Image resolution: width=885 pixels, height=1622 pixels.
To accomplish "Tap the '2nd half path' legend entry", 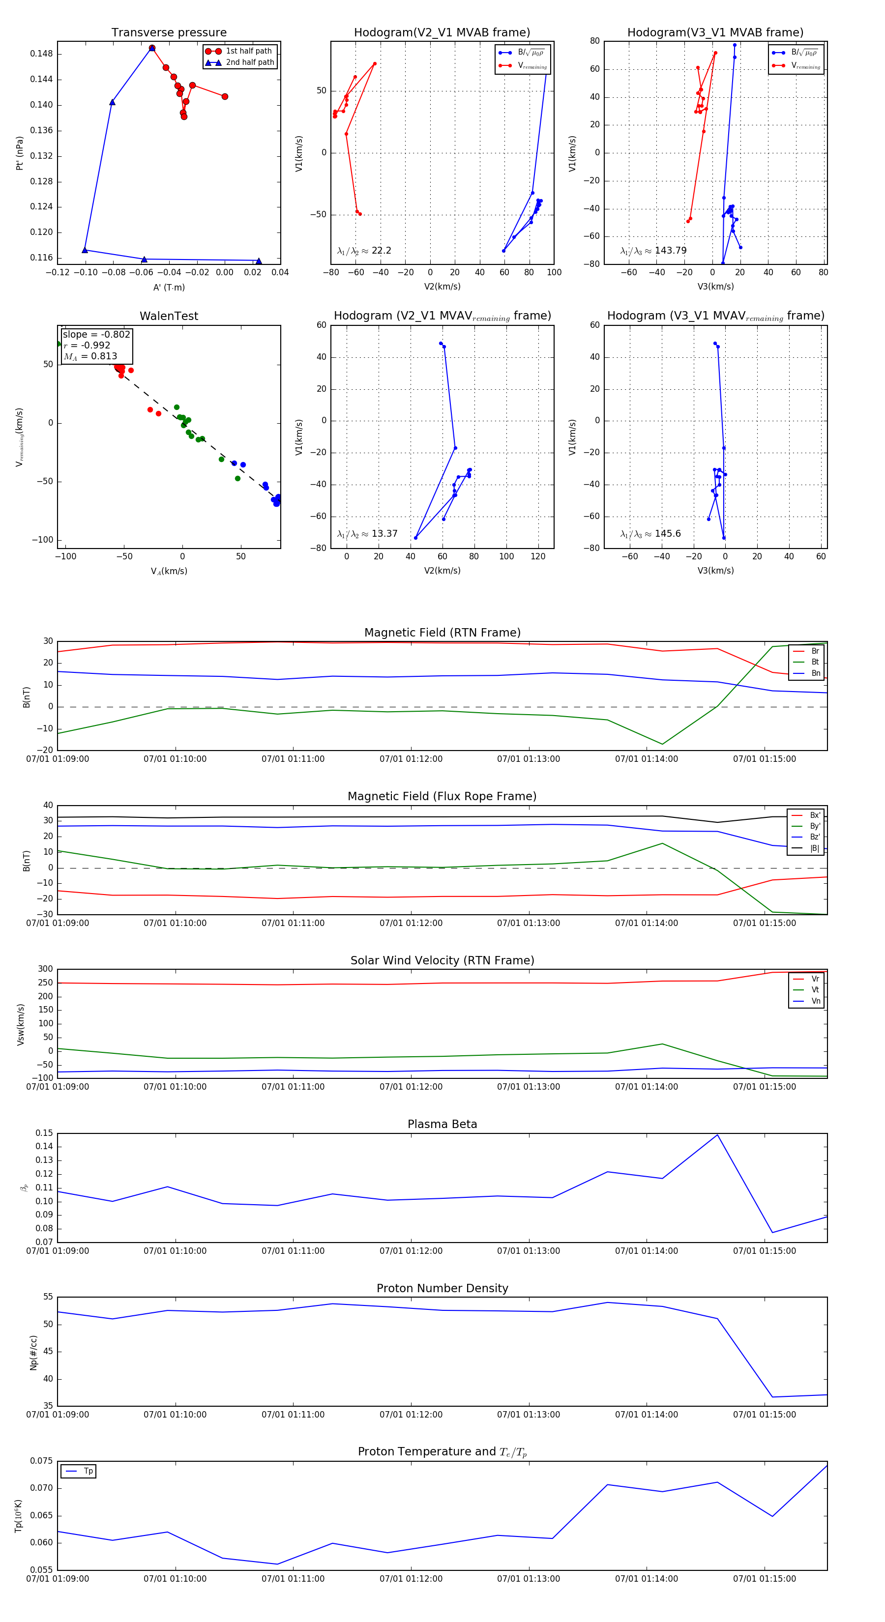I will [x=249, y=62].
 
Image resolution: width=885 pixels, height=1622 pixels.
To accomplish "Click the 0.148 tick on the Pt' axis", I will [x=42, y=54].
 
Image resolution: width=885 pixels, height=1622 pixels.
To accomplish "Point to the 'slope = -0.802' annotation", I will [x=96, y=334].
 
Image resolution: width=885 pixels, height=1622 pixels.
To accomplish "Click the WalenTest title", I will [x=169, y=316].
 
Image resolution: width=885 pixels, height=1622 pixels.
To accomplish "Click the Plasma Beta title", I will [x=442, y=1124].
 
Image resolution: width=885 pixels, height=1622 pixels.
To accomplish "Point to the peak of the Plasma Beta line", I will [x=717, y=1134].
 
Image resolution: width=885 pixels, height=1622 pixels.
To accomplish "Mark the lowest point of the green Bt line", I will [x=662, y=744].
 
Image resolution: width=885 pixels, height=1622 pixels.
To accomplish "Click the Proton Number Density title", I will [x=442, y=1288].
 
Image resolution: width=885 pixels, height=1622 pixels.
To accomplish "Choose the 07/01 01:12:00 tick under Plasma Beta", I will [x=411, y=1250].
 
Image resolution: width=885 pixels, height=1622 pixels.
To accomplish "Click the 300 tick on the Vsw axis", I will [x=45, y=969].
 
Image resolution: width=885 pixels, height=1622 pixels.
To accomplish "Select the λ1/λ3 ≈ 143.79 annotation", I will [x=653, y=251].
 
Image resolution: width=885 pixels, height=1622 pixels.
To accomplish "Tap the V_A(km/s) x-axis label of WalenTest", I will [x=169, y=571].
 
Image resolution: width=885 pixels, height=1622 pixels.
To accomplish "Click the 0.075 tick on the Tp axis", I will [x=42, y=1461].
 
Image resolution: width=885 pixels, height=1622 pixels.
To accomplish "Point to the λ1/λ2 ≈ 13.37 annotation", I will [x=367, y=534].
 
